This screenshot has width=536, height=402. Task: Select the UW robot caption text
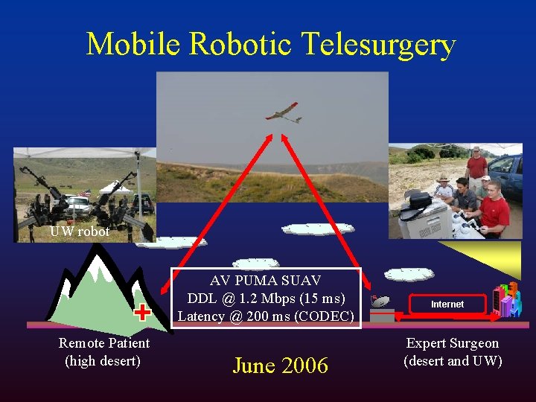[80, 232]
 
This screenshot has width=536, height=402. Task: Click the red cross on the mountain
[143, 312]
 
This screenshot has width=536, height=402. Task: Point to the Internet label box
[447, 304]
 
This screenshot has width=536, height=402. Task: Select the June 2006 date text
[280, 366]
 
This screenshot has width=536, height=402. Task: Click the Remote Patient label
[104, 343]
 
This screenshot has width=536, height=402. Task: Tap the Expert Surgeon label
[452, 343]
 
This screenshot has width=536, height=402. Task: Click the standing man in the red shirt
[476, 167]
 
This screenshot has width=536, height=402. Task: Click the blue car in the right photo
[508, 173]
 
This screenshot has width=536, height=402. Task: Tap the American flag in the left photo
[86, 193]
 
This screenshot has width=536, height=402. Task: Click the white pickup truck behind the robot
[77, 204]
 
